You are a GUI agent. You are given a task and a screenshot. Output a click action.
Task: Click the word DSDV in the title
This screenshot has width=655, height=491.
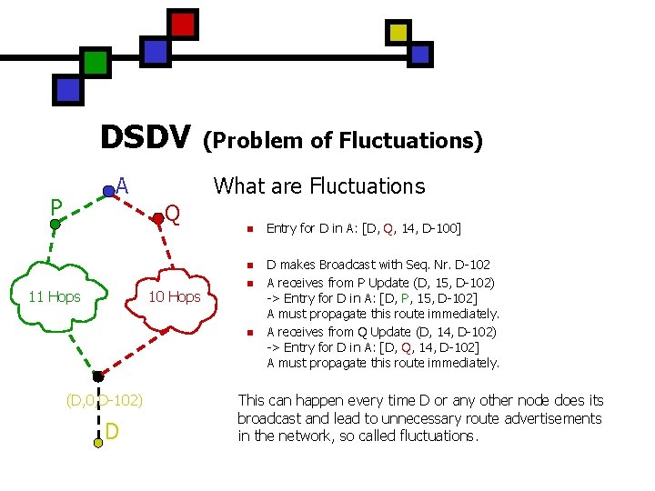coord(145,137)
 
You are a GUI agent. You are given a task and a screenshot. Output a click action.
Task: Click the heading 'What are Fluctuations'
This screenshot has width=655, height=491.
coord(318,186)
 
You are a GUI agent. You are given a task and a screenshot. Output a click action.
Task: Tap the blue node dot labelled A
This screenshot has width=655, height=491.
coord(108,191)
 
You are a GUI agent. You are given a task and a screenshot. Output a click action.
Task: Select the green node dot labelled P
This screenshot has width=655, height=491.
coord(55,221)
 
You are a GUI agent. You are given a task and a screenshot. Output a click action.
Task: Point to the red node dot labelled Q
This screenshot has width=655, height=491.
coord(157,216)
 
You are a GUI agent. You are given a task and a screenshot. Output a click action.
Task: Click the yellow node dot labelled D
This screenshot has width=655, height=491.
coord(98,443)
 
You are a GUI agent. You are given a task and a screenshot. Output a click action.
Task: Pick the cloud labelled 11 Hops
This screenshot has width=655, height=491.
coord(55,296)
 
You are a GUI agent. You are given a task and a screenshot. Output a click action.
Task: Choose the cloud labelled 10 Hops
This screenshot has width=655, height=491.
coord(174,296)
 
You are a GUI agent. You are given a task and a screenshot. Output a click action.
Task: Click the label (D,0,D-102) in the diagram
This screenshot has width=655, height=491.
coord(104,400)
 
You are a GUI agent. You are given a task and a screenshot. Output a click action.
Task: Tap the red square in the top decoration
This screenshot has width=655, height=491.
coord(183,24)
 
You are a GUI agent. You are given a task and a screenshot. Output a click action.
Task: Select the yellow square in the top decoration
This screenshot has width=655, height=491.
coord(398,33)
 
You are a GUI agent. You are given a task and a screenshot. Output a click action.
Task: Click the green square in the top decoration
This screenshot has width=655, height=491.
coord(96,62)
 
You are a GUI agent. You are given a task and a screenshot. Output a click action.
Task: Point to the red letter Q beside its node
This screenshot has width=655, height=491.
coord(173,214)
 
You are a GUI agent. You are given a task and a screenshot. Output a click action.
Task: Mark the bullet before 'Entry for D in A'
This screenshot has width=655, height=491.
coord(248,228)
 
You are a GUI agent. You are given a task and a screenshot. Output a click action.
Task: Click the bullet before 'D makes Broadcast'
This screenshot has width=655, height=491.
coord(248,266)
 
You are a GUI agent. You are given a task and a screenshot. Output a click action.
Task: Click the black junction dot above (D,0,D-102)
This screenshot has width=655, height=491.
coord(97,376)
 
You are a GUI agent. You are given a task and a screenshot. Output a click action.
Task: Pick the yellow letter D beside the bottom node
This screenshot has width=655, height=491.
coord(111,429)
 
